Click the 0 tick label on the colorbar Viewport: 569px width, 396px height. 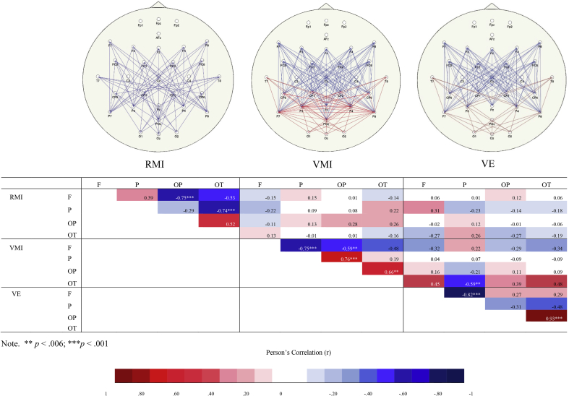[280, 392]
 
